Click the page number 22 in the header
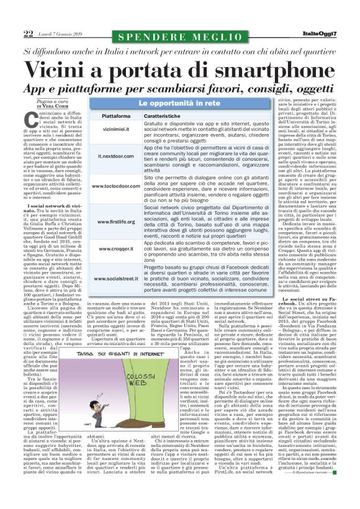28,33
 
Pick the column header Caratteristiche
168,116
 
